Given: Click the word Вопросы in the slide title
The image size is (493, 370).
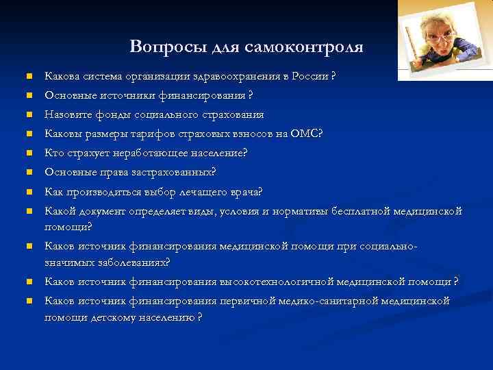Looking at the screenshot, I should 155,47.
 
